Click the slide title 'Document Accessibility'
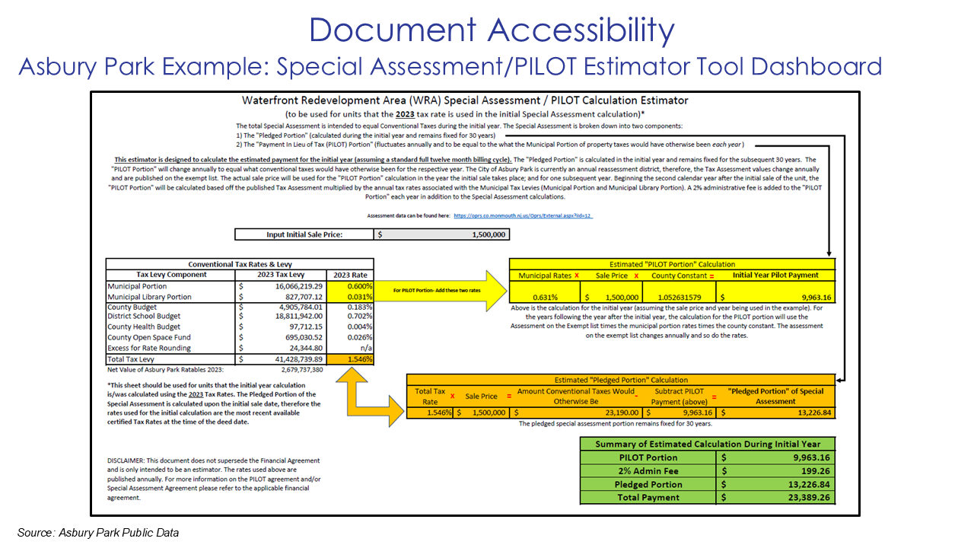click(x=492, y=30)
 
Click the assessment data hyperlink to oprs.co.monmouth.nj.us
click(x=523, y=216)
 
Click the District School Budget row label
click(x=144, y=317)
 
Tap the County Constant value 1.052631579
click(x=680, y=298)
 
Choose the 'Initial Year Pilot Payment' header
click(x=775, y=275)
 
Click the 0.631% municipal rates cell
click(x=544, y=298)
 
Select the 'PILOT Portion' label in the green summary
click(x=648, y=458)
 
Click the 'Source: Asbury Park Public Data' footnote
click(x=98, y=533)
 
